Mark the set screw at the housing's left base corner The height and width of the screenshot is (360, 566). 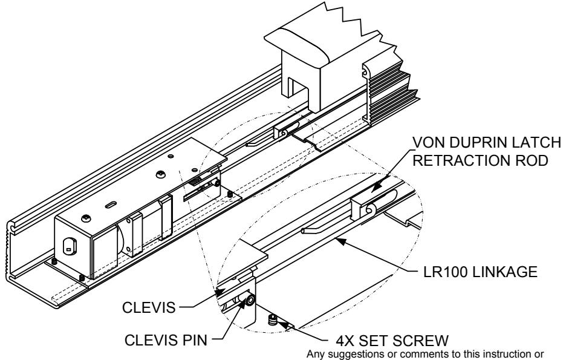click(53, 261)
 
